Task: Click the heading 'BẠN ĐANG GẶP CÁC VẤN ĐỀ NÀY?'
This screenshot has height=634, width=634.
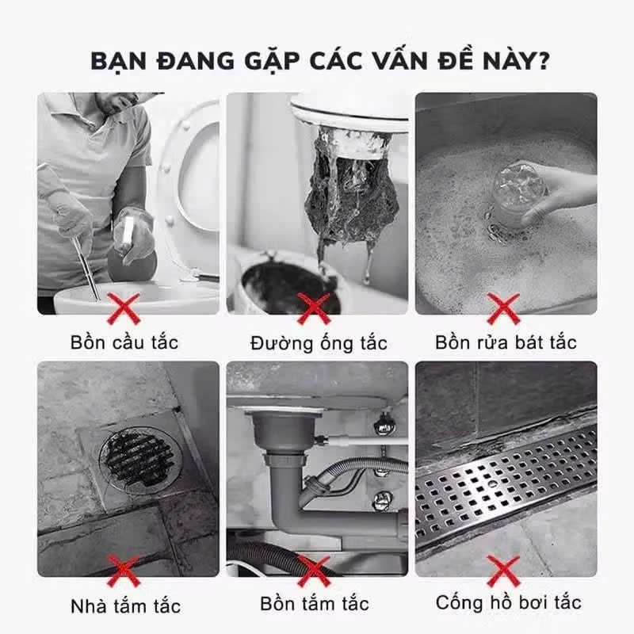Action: [320, 62]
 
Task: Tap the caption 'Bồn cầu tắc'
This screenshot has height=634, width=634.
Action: [124, 342]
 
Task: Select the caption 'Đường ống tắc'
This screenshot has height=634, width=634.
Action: [319, 343]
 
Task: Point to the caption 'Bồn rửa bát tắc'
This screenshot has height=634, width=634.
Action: [506, 343]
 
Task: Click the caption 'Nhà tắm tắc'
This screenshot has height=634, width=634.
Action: [125, 606]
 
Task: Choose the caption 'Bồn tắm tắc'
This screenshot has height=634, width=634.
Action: [315, 604]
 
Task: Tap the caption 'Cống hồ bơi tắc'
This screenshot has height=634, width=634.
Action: [508, 602]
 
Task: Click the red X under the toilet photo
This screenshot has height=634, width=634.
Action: [124, 308]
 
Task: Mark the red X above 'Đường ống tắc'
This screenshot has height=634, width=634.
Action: [314, 308]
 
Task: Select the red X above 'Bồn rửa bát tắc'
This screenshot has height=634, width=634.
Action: [503, 308]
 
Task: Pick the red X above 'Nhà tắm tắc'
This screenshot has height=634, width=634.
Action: [124, 571]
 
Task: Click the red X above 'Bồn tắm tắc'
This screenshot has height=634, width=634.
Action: [314, 571]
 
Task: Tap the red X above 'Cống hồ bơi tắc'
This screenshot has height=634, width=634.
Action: [503, 571]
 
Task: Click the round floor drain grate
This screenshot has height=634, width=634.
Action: [140, 460]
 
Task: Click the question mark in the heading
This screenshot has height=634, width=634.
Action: [542, 60]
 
